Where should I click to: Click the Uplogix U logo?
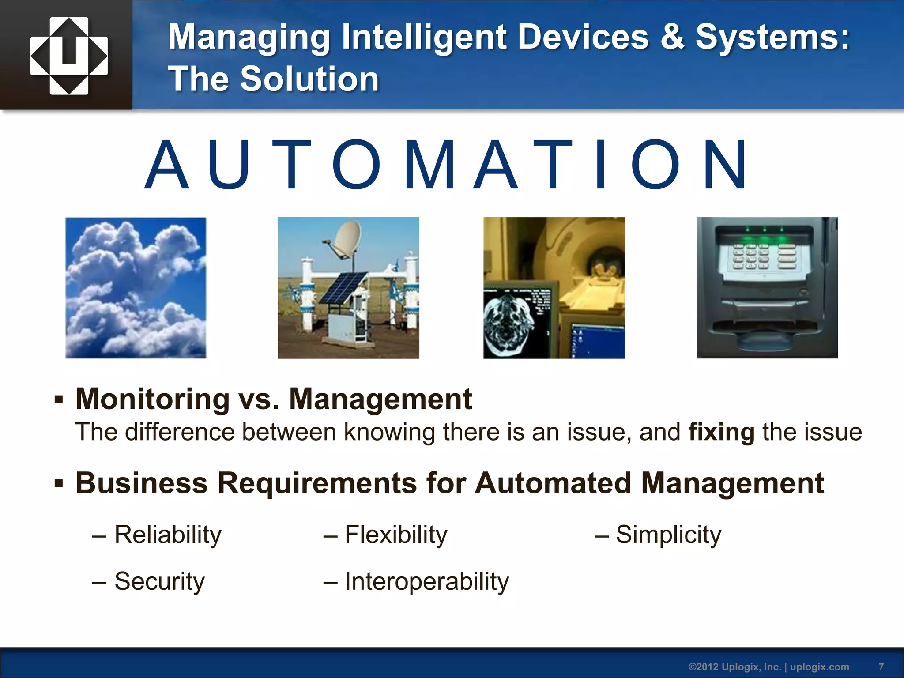tap(69, 56)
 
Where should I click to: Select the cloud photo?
tap(136, 288)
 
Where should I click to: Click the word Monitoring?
tap(152, 399)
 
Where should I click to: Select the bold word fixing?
tap(721, 432)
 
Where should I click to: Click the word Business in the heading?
tap(141, 483)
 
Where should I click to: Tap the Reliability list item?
tap(168, 535)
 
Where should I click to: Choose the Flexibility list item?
tap(395, 535)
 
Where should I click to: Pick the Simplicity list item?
tap(668, 535)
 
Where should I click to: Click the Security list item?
tap(159, 581)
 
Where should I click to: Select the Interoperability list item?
tap(426, 581)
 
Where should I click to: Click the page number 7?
tap(881, 667)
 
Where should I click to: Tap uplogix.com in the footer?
tap(819, 667)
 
